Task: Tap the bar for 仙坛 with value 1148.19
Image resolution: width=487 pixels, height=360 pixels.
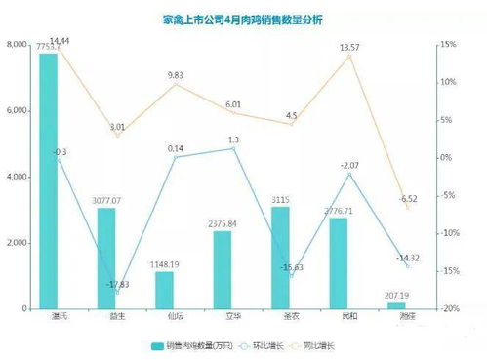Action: [x=164, y=290]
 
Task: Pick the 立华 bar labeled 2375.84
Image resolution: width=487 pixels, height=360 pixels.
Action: [x=223, y=269]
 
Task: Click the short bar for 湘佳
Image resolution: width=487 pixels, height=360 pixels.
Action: [x=396, y=305]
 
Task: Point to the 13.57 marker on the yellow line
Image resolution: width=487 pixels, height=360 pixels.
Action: [x=349, y=56]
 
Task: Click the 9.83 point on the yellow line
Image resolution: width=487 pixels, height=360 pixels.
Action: [x=176, y=84]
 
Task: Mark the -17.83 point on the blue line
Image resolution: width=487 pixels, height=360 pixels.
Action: [x=117, y=292]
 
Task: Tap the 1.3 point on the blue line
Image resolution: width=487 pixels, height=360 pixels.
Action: [x=233, y=148]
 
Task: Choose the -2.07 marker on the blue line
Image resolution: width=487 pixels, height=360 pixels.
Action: [x=349, y=174]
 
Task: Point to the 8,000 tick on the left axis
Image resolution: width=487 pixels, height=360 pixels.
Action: [x=17, y=46]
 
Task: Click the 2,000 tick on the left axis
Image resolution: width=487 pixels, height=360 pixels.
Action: [x=17, y=243]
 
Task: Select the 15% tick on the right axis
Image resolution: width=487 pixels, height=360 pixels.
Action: [x=448, y=46]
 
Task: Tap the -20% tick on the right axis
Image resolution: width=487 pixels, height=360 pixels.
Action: [x=448, y=309]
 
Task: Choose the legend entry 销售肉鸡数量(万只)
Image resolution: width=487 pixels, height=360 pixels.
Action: [x=194, y=346]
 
